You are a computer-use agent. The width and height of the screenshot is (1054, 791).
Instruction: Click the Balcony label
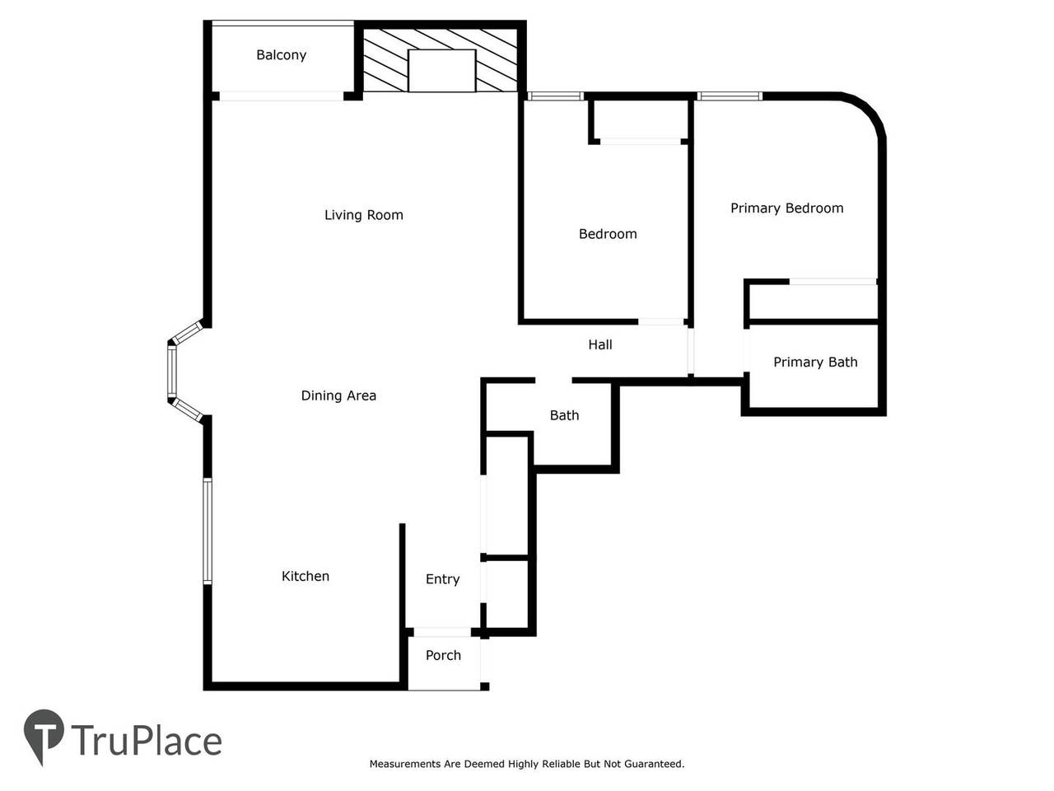(281, 55)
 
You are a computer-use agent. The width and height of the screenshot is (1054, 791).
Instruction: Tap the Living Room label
(363, 215)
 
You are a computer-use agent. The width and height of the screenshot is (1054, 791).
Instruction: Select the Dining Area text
(338, 395)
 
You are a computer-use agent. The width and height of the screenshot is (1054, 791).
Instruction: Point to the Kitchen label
(305, 576)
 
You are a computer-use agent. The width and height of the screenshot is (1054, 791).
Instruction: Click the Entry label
(442, 579)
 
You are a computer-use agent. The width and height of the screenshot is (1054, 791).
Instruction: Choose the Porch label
(443, 655)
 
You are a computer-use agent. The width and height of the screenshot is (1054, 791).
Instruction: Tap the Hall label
(599, 344)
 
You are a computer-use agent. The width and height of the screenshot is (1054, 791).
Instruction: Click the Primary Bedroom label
(786, 208)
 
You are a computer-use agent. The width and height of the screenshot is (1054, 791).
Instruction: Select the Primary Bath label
(815, 362)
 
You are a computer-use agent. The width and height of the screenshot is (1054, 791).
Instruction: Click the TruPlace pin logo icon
(43, 735)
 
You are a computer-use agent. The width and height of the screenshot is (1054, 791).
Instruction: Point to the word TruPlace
(147, 741)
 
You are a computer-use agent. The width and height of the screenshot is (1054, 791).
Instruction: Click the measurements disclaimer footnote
(527, 764)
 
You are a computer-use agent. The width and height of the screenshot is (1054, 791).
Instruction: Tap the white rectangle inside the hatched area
(441, 70)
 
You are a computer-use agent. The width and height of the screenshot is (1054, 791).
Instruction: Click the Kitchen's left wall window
(208, 531)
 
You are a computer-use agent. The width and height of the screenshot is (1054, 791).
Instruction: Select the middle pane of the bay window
(171, 372)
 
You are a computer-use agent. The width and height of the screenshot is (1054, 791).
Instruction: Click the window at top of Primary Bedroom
(730, 96)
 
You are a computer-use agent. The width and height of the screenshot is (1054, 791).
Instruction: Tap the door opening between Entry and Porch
(441, 633)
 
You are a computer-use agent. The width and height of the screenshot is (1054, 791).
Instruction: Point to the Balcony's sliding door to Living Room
(282, 96)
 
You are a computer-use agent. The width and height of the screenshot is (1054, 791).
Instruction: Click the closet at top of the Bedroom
(640, 120)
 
